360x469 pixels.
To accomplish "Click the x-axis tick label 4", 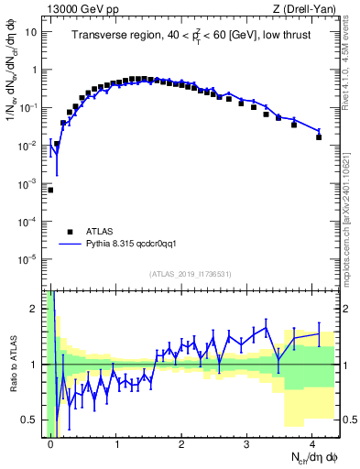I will (x=312, y=443).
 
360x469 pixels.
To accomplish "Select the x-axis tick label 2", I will (x=181, y=443).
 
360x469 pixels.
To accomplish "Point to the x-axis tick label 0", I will (x=51, y=443).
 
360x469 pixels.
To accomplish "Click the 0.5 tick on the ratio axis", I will (x=33, y=420).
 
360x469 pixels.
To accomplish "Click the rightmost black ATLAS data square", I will (x=319, y=136).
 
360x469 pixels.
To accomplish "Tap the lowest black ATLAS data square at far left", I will (x=50, y=190).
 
